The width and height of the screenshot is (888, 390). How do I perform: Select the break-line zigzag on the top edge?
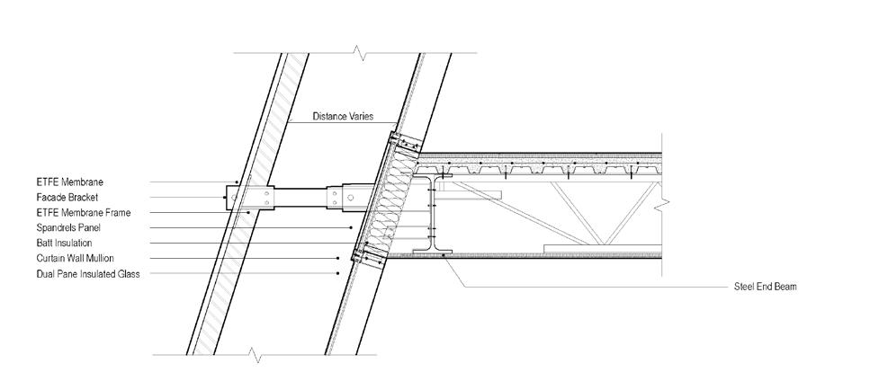361,54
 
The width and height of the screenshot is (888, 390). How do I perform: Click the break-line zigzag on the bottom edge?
259,357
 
